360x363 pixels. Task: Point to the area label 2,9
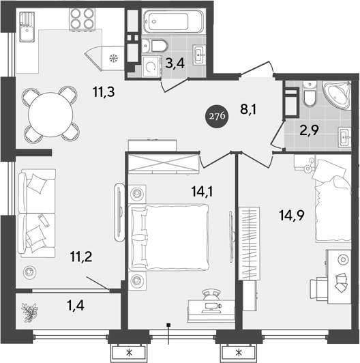(310, 130)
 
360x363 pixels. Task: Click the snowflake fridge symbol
(114, 58)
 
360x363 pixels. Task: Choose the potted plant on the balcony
(31, 313)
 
